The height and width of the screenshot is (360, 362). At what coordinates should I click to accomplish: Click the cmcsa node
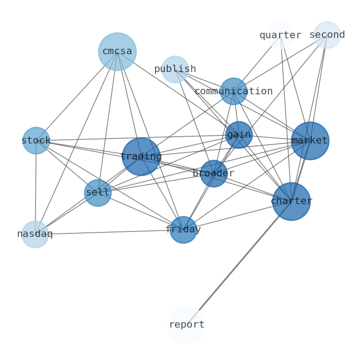[x=117, y=51]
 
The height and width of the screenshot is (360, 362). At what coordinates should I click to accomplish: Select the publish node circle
[x=175, y=69]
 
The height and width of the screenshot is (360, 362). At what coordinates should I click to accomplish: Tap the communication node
[x=233, y=91]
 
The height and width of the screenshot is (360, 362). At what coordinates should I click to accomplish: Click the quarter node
[x=280, y=35]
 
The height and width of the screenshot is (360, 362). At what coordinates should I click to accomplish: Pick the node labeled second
[x=327, y=35]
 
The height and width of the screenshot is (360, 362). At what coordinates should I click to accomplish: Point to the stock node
[x=36, y=140]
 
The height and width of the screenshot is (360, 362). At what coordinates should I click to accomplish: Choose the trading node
[x=141, y=157]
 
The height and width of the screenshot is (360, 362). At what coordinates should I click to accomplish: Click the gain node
[x=239, y=135]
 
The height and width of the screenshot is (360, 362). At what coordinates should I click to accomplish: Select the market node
[x=310, y=141]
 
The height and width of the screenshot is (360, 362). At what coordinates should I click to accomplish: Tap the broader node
[x=213, y=174]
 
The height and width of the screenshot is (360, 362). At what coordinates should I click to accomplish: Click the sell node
[x=98, y=193]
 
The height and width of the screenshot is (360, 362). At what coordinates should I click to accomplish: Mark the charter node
[x=291, y=201]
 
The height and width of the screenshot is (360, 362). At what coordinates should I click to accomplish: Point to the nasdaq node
[x=35, y=234]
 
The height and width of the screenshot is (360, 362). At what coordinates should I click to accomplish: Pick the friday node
[x=183, y=230]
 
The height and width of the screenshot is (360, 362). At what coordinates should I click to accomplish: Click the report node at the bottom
[x=186, y=325]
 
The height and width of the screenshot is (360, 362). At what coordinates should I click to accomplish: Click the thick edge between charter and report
[x=239, y=263]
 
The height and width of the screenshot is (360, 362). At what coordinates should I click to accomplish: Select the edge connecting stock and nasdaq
[x=36, y=187]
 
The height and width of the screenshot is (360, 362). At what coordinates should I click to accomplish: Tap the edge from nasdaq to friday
[x=109, y=232]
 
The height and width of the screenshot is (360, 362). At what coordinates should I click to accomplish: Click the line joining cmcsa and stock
[x=77, y=96]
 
